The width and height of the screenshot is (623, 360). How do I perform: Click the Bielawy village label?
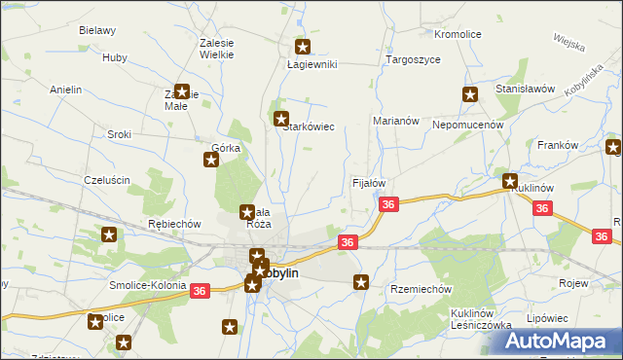click(97, 30)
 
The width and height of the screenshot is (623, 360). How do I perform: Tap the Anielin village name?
click(65, 90)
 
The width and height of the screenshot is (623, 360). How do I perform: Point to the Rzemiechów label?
click(421, 289)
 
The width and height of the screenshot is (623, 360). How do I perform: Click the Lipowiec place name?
click(547, 318)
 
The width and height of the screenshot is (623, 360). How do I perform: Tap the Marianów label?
click(395, 121)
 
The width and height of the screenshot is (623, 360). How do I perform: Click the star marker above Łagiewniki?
click(303, 46)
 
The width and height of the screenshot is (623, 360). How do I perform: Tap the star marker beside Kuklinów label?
click(509, 180)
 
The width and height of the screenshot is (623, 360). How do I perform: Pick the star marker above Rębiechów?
click(109, 234)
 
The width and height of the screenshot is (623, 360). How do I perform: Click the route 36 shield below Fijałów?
click(388, 204)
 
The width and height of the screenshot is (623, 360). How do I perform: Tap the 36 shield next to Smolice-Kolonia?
click(200, 291)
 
